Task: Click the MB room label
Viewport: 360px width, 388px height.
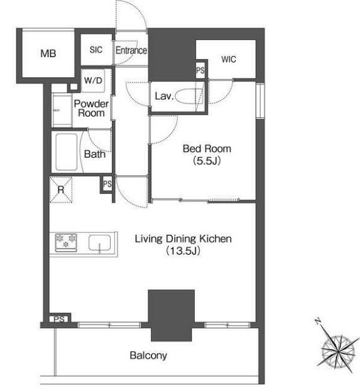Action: (x=48, y=53)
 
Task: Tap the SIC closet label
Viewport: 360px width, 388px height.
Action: (x=96, y=50)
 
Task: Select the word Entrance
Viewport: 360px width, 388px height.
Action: (x=131, y=50)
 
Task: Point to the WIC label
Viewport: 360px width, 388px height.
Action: (x=229, y=60)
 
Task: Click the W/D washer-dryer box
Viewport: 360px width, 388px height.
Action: (x=93, y=80)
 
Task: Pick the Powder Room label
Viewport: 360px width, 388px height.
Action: (x=91, y=108)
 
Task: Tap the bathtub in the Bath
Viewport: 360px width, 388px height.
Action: (x=67, y=152)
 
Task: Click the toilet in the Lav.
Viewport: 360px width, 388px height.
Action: (x=189, y=97)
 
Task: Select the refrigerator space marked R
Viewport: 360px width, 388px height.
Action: (x=61, y=190)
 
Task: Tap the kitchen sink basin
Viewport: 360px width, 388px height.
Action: (x=99, y=243)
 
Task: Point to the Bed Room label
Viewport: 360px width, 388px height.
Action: (x=207, y=149)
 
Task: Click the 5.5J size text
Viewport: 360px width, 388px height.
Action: (x=207, y=161)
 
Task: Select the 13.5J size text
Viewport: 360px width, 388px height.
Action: (x=183, y=251)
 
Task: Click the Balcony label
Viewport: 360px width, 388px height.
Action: (x=148, y=355)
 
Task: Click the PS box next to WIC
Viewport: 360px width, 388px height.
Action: (x=200, y=70)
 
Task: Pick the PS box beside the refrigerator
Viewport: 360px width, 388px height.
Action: (x=107, y=184)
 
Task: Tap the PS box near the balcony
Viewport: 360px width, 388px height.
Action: (x=60, y=319)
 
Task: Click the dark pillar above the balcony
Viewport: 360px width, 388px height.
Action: (x=172, y=316)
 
